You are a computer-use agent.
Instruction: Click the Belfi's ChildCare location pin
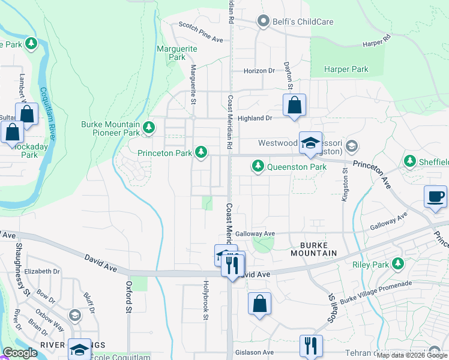pos(263,22)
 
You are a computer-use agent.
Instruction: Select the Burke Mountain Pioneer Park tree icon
pos(149,127)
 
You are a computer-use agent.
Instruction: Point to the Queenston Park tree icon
pos(258,165)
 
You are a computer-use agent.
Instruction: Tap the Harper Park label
pos(346,70)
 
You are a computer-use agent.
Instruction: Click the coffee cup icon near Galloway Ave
pos(435,196)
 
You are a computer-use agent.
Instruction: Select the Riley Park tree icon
pos(397,263)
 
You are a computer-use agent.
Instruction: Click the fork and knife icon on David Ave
pos(232,263)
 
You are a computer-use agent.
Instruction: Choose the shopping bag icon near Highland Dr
pos(294,105)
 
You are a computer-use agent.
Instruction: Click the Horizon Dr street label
pos(259,71)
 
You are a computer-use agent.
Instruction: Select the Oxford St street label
pos(128,298)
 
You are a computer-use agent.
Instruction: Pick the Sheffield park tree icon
pos(409,161)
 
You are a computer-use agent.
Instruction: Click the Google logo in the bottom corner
pos(20,353)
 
